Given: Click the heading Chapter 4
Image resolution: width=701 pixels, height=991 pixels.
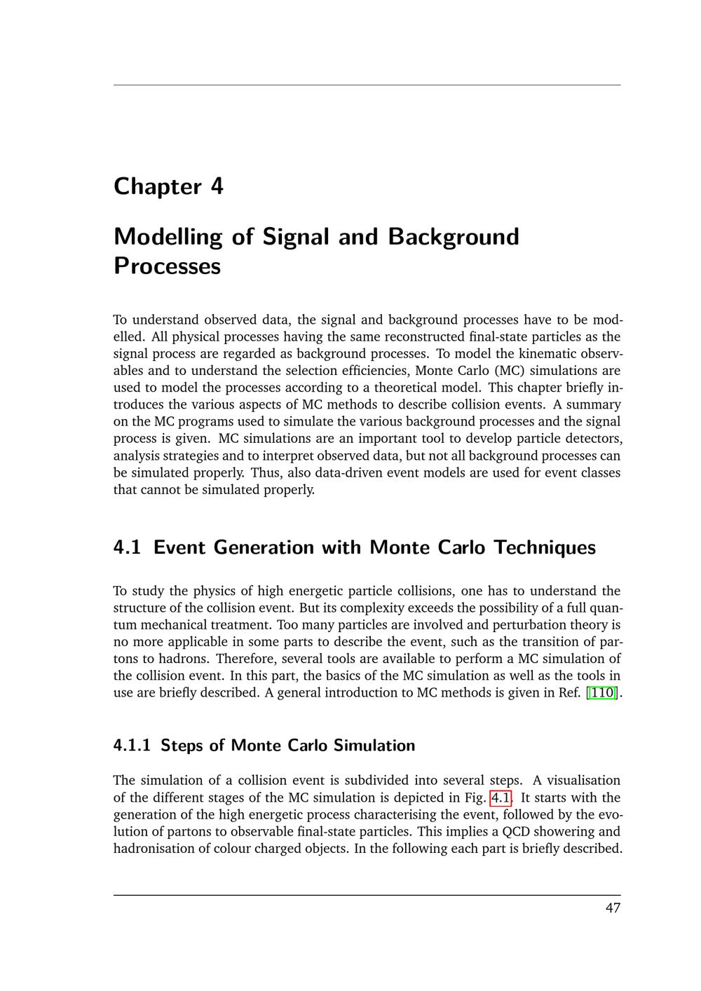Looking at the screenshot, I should pos(168,186).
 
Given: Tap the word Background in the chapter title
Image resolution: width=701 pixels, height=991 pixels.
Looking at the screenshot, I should pos(453,237).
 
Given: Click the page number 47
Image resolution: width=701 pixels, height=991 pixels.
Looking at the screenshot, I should pos(613,908).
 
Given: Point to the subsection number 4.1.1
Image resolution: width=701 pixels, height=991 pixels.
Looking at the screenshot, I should pos(132,745).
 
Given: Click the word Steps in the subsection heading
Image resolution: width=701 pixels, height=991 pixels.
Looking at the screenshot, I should pos(182,745).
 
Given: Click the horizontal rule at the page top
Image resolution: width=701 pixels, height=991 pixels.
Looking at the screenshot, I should pos(367,86).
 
